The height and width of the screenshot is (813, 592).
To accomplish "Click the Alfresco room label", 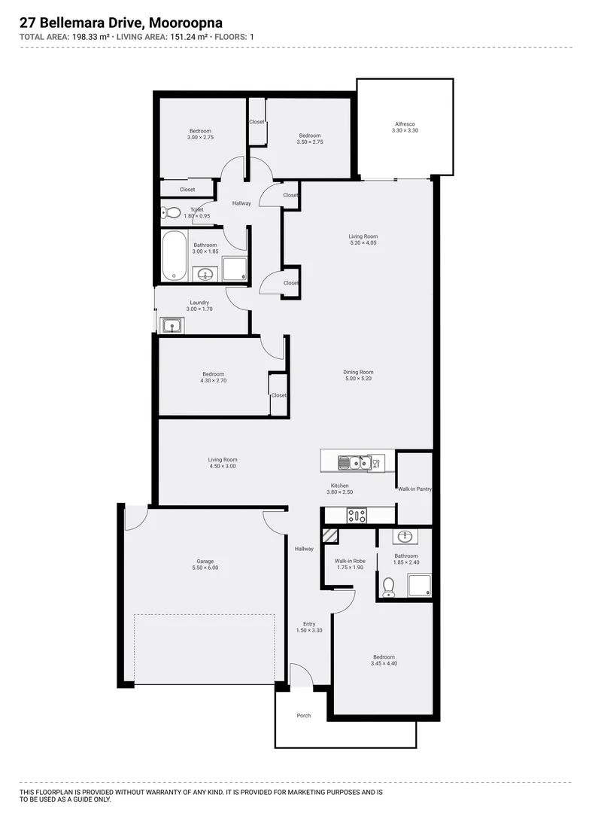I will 405,124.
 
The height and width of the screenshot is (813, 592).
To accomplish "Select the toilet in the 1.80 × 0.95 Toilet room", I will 169,212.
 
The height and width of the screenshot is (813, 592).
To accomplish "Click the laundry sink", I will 172,326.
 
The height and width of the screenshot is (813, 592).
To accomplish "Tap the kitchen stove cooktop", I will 356,516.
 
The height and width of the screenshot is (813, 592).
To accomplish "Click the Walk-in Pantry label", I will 414,489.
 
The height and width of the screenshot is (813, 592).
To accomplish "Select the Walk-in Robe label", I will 349,561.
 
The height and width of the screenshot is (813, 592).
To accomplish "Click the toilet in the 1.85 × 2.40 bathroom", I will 389,585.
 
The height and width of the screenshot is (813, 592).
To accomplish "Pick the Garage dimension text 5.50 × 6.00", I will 205,568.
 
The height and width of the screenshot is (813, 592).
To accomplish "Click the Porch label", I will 303,715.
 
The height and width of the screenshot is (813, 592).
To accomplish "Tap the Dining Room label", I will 358,372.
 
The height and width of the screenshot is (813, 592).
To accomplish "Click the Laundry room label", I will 199,303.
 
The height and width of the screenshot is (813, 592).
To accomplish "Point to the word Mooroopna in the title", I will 186,25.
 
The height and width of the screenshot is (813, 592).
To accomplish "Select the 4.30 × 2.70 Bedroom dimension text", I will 213,381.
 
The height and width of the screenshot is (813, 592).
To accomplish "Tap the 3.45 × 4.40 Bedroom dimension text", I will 383,663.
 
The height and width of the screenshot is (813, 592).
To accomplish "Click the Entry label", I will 309,624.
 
